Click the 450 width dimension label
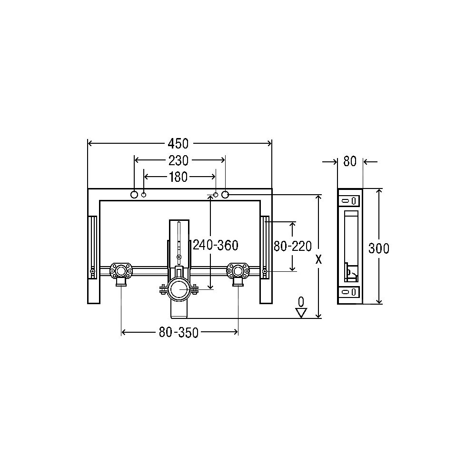coord(179,143)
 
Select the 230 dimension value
coord(179,160)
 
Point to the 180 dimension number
coord(179,177)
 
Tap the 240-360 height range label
coord(216,246)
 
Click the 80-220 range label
coord(293,246)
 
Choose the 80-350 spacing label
coord(178,333)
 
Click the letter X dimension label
coord(318,259)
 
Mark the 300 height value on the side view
coord(379,248)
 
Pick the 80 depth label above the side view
coord(350,162)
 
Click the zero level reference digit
coord(301,301)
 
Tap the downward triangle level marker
coord(301,313)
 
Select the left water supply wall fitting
coord(120,272)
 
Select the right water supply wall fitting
coord(237,272)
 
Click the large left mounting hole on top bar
coord(135,194)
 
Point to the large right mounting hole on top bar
coord(225,194)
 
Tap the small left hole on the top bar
coord(144,194)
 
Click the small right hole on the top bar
coord(216,194)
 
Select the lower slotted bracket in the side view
coord(350,292)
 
